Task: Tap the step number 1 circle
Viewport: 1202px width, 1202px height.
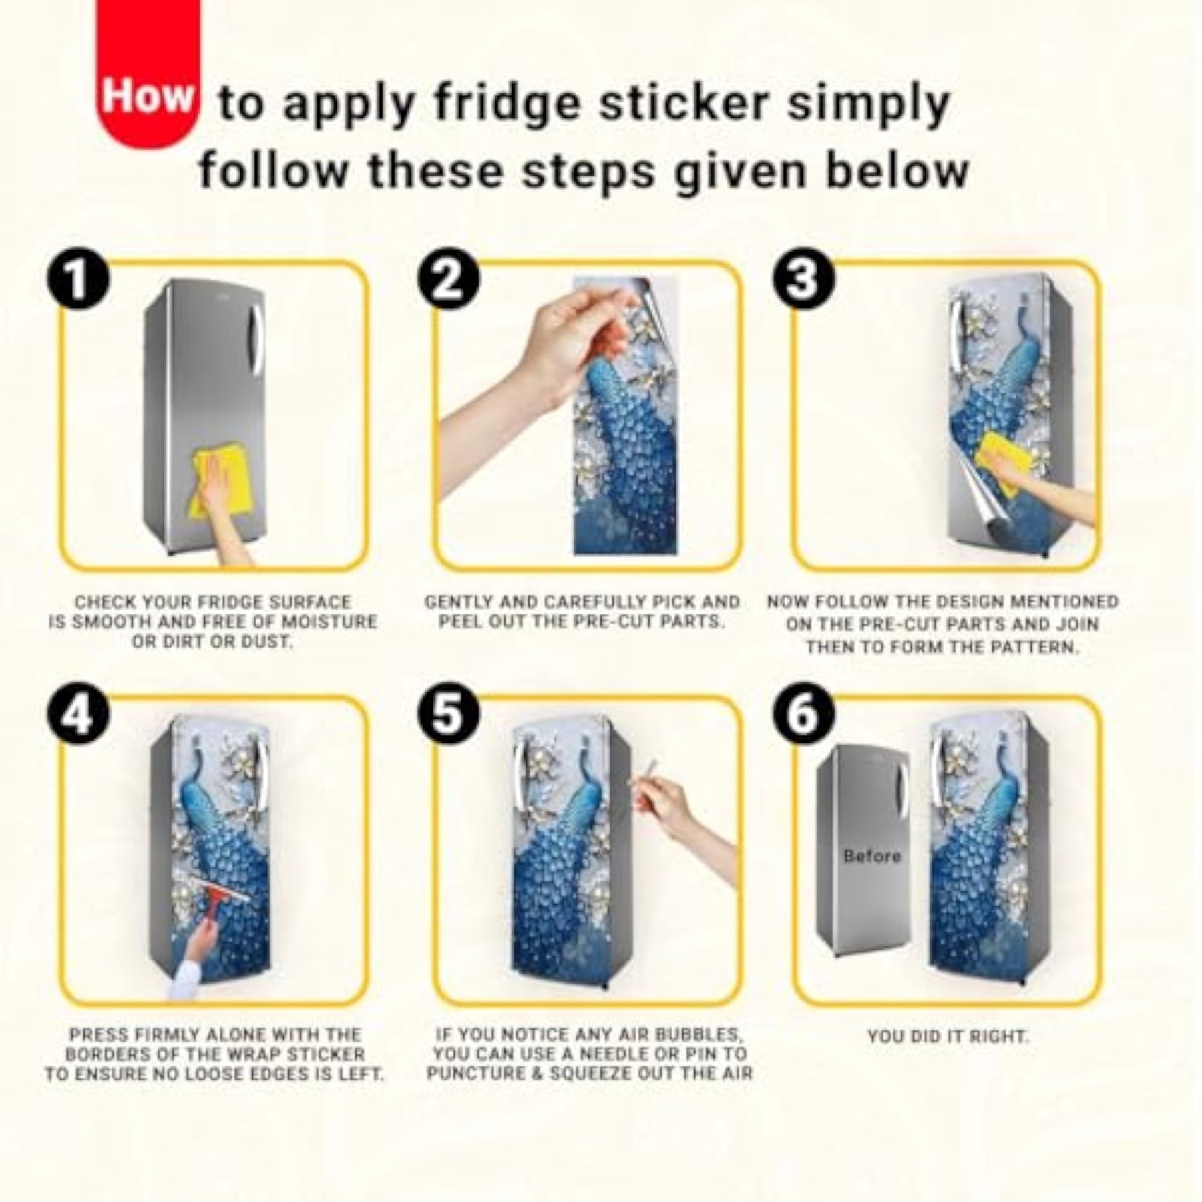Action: pos(77,279)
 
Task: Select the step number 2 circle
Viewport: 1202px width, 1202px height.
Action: pos(449,279)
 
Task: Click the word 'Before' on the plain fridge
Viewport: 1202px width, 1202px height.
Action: pos(871,855)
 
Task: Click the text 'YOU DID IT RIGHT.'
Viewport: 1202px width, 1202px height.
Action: pos(948,1037)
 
